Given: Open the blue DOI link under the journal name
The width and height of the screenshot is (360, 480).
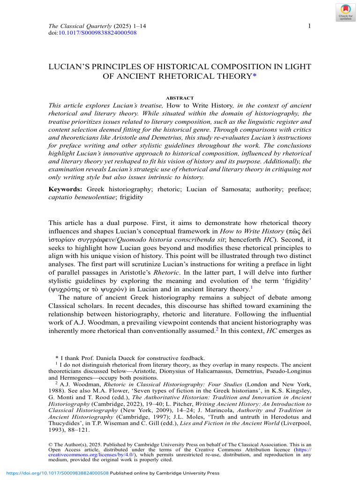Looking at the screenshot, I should [97, 33].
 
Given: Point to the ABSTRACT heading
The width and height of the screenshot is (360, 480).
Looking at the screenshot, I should [180, 98].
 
